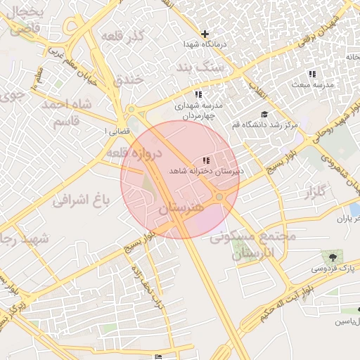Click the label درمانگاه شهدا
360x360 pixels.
pyautogui.click(x=205, y=44)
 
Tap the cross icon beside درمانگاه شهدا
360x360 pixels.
pyautogui.click(x=205, y=34)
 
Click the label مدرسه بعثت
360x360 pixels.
pyautogui.click(x=312, y=84)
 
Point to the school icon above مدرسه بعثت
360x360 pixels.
pyautogui.click(x=312, y=74)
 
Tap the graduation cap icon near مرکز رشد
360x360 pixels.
pyautogui.click(x=264, y=115)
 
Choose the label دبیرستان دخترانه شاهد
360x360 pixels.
pyautogui.click(x=206, y=171)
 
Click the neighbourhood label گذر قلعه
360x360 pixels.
pyautogui.click(x=122, y=35)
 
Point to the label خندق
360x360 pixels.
pyautogui.click(x=128, y=79)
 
